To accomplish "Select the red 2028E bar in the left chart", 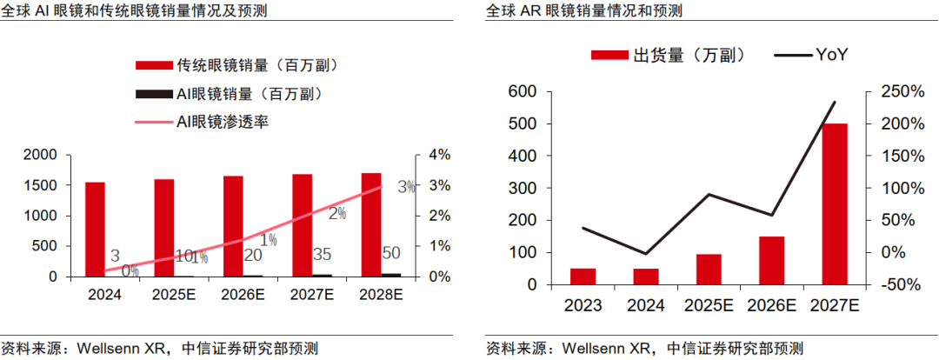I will tap(370, 224).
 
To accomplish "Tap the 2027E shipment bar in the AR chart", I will tap(835, 203).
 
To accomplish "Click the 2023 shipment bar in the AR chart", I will tap(583, 276).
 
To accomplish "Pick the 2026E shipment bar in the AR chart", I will tap(772, 260).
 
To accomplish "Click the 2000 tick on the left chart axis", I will tap(40, 155).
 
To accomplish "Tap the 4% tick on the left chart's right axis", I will tap(437, 155).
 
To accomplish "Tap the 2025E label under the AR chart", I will tap(709, 305).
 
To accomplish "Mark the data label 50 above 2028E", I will tap(391, 252).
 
